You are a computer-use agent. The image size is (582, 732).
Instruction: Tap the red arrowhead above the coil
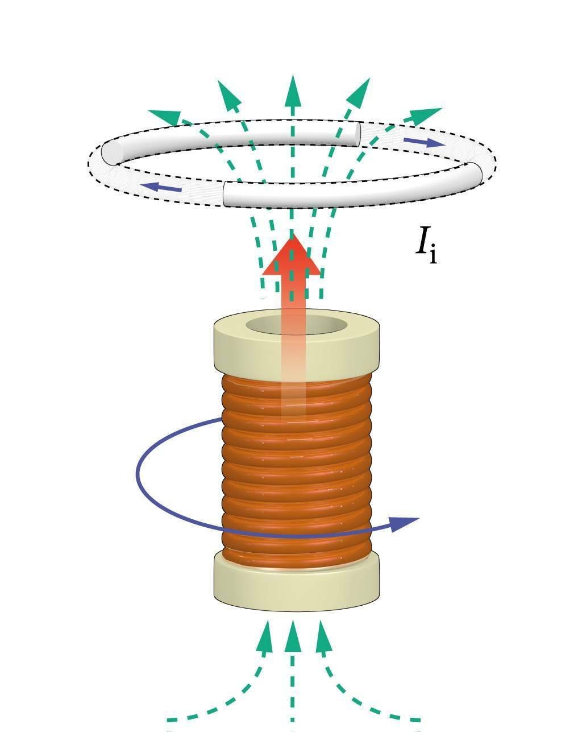[291, 257]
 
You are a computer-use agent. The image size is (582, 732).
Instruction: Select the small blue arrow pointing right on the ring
[423, 141]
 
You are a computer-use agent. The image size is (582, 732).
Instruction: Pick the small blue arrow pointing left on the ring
[161, 187]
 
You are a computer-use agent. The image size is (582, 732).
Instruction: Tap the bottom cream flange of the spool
[296, 586]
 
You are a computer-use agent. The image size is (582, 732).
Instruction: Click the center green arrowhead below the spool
[292, 637]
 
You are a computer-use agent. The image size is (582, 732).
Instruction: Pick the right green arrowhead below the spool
[323, 637]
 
